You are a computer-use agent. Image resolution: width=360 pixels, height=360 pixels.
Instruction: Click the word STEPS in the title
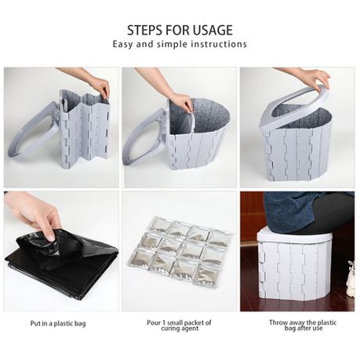click(x=145, y=30)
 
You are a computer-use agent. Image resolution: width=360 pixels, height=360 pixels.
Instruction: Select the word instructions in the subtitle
click(x=219, y=44)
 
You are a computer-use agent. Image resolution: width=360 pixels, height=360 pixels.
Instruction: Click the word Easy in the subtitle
click(x=123, y=44)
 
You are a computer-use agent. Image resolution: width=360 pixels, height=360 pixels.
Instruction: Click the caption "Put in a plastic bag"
click(x=58, y=324)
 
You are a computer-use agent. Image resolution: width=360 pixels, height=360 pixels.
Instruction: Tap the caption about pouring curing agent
click(x=179, y=325)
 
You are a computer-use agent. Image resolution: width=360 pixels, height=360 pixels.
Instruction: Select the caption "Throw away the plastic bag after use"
click(x=303, y=325)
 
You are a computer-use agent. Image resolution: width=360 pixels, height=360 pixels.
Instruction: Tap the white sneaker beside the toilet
click(x=351, y=278)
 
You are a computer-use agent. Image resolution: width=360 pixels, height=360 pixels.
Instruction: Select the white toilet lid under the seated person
click(x=294, y=237)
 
